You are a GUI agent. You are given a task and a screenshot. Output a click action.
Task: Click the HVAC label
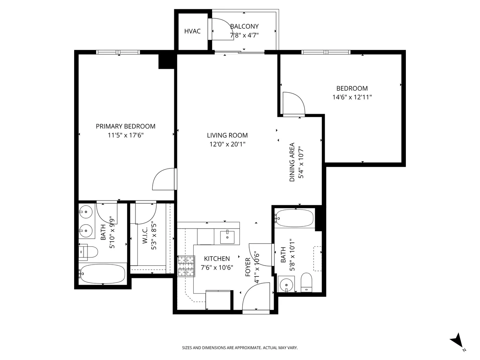coord(192,31)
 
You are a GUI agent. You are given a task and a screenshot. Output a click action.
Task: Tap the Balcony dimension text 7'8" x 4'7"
coord(244,35)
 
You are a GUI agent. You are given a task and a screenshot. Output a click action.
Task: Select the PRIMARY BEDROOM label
coord(125,126)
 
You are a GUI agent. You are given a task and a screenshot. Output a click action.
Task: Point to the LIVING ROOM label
coord(227,135)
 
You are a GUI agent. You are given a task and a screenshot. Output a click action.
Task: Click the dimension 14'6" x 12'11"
coord(352,97)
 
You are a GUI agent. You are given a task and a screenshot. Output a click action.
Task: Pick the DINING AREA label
coord(292,162)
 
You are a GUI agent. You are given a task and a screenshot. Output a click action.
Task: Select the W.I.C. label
coord(145,236)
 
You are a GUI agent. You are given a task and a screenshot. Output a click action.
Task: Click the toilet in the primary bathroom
coord(89,252)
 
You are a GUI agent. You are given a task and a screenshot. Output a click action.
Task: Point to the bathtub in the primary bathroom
coord(103,274)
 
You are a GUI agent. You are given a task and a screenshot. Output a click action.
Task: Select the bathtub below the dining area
coord(294,218)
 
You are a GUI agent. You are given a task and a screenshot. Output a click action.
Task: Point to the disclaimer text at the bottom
coord(240,348)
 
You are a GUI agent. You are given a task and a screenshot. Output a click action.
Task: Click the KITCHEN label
coord(217,259)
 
